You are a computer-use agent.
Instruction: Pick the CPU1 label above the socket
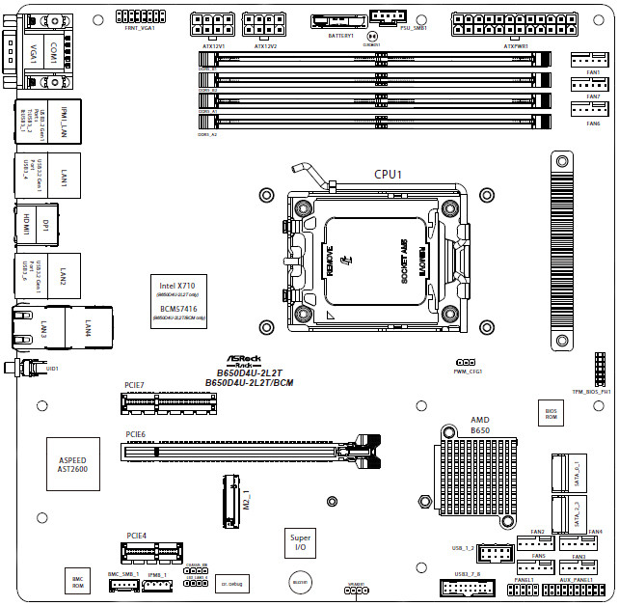pyautogui.click(x=387, y=175)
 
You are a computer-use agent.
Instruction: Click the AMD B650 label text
pyautogui.click(x=479, y=426)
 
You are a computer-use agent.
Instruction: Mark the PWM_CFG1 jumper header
pyautogui.click(x=465, y=363)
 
